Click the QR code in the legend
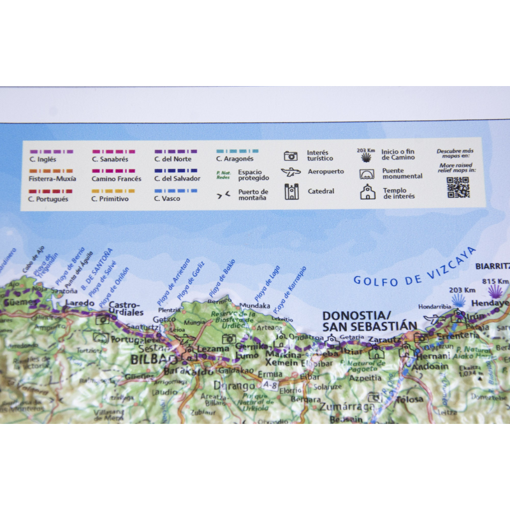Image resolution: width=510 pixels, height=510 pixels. click(457, 187)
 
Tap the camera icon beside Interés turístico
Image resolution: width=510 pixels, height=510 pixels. click(291, 156)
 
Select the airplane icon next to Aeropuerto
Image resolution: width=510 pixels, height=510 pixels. click(291, 172)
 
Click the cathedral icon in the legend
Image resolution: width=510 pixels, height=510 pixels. click(291, 191)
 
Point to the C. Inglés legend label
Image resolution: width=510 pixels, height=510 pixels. click(41, 159)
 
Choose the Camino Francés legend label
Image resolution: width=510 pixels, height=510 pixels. click(116, 179)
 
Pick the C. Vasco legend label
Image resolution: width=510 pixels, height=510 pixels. click(167, 199)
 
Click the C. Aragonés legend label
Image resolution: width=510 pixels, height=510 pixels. click(234, 159)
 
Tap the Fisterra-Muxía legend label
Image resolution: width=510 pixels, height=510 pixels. click(52, 179)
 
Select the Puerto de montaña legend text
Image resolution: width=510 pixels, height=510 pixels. click(253, 194)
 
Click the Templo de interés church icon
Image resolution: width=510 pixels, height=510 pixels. click(368, 192)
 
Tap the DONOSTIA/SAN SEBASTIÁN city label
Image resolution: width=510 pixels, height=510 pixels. click(369, 321)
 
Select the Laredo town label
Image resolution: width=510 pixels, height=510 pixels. click(80, 303)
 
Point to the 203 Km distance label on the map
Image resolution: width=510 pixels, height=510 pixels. click(458, 291)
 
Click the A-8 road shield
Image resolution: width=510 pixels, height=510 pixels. click(269, 385)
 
